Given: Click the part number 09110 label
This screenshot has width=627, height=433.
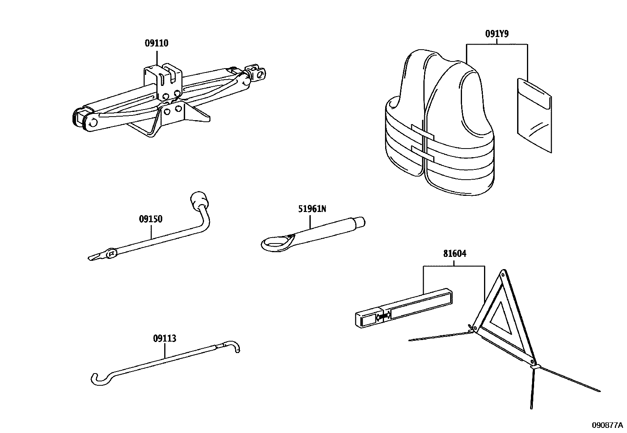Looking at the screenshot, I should pos(156,43).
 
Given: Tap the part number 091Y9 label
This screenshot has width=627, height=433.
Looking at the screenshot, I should pos(496,34).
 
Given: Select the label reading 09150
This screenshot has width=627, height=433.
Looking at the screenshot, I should pos(150,219).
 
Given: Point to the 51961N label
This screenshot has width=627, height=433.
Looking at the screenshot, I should pos(312,209).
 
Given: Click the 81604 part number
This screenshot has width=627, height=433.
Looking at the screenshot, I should pos(454,254).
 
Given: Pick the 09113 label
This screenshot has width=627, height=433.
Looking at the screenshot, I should pos(164,338).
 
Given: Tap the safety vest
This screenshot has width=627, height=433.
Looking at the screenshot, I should pos(439,126).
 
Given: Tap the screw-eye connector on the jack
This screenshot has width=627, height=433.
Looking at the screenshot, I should pos(258,72).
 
